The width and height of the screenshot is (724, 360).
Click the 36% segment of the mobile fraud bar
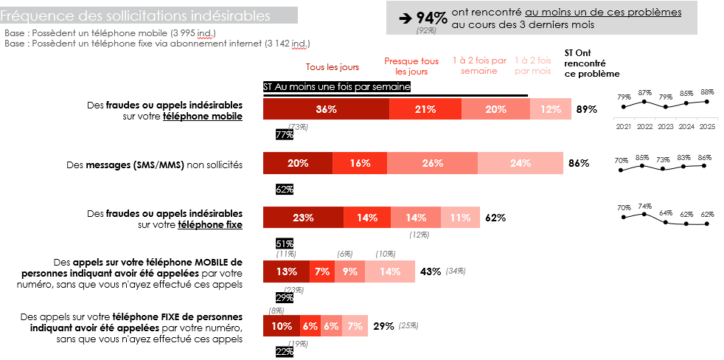[x=327, y=109]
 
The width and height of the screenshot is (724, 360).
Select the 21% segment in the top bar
[x=425, y=109]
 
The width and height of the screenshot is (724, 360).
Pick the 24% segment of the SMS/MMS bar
[x=521, y=164]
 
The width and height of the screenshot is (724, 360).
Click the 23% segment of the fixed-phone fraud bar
[x=303, y=218]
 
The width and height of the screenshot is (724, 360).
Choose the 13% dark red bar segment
[x=287, y=271]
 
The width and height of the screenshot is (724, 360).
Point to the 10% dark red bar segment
[x=282, y=326]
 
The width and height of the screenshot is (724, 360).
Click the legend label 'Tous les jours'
[x=333, y=66]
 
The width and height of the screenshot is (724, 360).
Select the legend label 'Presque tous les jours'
[x=411, y=66]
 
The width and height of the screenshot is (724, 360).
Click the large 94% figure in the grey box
[x=431, y=18]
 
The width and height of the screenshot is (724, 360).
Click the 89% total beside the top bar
[x=586, y=109]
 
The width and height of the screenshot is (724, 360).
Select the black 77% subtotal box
[x=285, y=135]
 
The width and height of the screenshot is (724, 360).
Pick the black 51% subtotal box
[x=285, y=243]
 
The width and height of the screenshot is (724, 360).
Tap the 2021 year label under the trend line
[x=624, y=127]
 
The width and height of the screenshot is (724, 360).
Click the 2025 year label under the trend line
[x=707, y=127]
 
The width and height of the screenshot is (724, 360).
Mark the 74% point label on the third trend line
[x=644, y=207]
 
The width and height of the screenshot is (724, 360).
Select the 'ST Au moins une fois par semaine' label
[x=337, y=87]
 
